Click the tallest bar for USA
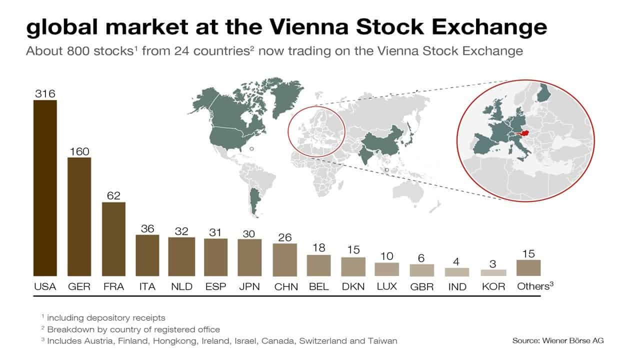pyautogui.click(x=45, y=187)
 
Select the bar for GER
pyautogui.click(x=79, y=216)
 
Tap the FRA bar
pyautogui.click(x=113, y=239)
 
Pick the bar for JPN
pyautogui.click(x=249, y=257)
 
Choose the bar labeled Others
pyautogui.click(x=528, y=268)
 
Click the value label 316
pyautogui.click(x=44, y=93)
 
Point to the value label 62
pyautogui.click(x=113, y=195)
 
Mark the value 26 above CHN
pyautogui.click(x=285, y=237)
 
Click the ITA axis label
pyautogui.click(x=147, y=287)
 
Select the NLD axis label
pyautogui.click(x=181, y=287)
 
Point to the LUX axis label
pyautogui.click(x=387, y=287)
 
